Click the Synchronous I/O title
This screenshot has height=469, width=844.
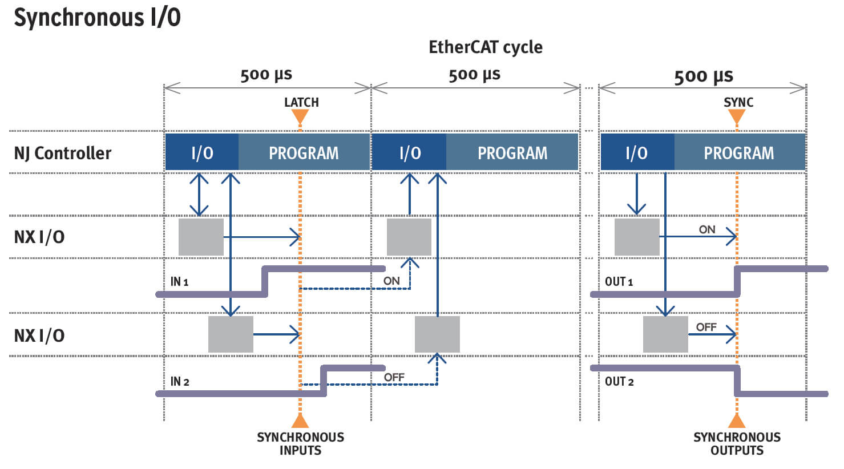point(97,17)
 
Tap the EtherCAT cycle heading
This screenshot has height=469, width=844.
point(485,47)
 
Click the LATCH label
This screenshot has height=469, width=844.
point(301,102)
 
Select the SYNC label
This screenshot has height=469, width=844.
point(738,102)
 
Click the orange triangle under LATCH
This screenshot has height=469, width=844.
point(300,117)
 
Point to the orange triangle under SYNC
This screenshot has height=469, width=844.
point(737,117)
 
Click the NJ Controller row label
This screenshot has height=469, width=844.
point(63,153)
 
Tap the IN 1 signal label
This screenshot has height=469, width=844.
point(179,281)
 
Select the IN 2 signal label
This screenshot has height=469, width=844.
point(180,381)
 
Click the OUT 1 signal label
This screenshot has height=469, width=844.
point(619,281)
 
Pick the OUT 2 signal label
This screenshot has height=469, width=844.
point(619,381)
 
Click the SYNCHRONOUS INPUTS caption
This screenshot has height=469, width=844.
point(300,443)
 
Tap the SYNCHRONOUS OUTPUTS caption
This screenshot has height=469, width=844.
point(737,443)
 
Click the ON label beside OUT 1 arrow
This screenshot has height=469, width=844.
point(707,229)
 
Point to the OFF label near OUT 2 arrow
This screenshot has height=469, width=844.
point(706,327)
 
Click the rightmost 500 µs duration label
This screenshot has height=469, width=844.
point(703,76)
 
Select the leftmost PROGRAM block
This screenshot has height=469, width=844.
point(304,153)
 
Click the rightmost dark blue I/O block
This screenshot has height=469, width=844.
point(636,153)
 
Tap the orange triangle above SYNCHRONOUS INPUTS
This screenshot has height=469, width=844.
point(300,421)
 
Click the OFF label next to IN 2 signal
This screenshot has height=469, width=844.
point(394,377)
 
